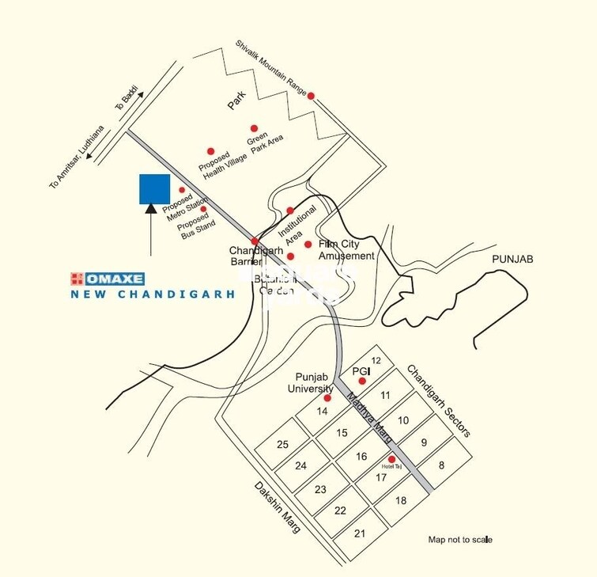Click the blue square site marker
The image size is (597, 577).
click(154, 189)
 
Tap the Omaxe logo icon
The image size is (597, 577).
click(77, 278)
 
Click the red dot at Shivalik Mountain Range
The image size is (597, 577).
click(311, 96)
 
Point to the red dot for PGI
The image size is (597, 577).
click(362, 382)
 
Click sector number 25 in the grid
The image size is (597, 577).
click(282, 444)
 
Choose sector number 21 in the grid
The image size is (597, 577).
click(360, 533)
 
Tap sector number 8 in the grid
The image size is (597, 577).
click(442, 465)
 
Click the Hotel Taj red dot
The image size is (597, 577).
click(391, 459)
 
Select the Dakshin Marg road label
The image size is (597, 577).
click(278, 506)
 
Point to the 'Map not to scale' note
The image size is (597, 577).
click(459, 540)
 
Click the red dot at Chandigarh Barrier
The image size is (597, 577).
click(255, 241)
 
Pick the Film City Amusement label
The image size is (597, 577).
click(346, 250)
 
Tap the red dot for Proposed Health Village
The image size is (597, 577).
click(211, 151)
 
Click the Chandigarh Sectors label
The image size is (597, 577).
click(439, 400)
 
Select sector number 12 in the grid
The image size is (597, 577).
click(376, 361)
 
